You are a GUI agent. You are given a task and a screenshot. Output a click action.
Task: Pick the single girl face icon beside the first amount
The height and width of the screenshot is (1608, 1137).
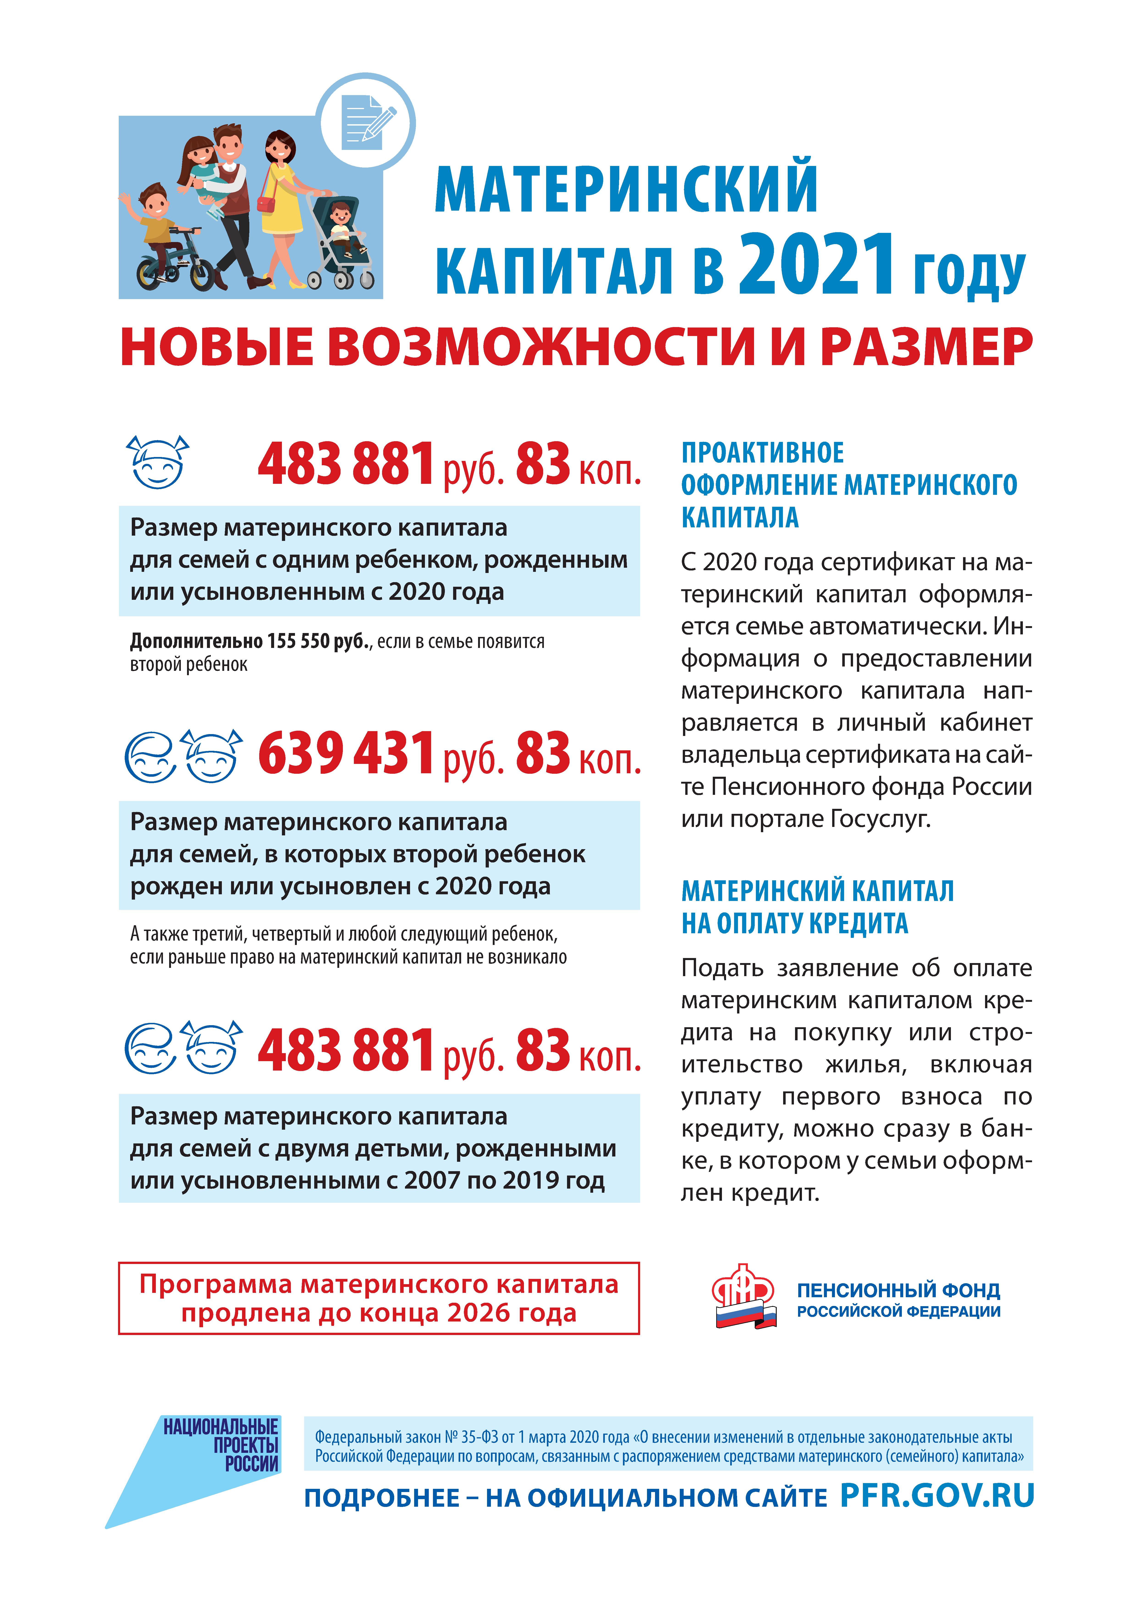(x=158, y=462)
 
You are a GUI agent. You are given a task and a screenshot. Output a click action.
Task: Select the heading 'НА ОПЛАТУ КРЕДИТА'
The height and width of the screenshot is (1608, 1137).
(x=794, y=923)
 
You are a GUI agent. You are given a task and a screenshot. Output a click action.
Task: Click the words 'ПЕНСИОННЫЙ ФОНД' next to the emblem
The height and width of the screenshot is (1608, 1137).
(x=898, y=1290)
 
